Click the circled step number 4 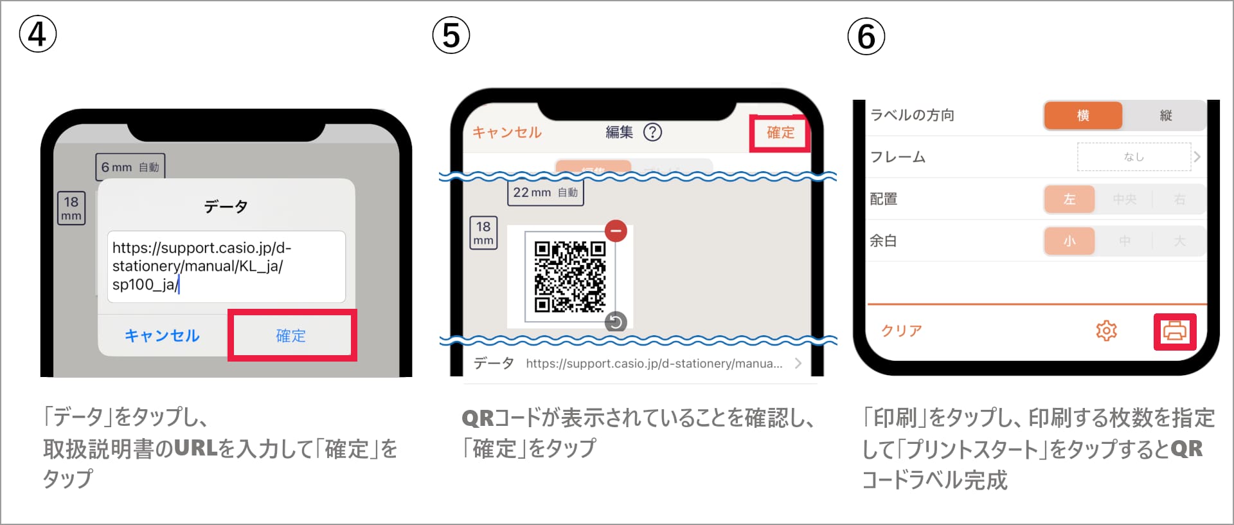(38, 34)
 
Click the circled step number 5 (451, 35)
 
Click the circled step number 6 (866, 37)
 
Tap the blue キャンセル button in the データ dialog (162, 335)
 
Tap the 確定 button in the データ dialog (291, 335)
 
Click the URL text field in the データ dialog (226, 266)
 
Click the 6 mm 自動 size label (130, 167)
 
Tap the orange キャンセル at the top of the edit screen (507, 133)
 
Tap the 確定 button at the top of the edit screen (780, 133)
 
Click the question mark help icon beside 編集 (652, 132)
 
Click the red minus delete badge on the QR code (616, 230)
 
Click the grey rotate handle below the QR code (616, 322)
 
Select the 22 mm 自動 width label (546, 192)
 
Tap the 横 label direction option (1083, 115)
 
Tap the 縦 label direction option (1165, 115)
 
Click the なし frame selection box (1134, 157)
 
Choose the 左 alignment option (1069, 199)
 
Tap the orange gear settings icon (1106, 331)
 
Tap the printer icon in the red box (1174, 331)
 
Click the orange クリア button (901, 331)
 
